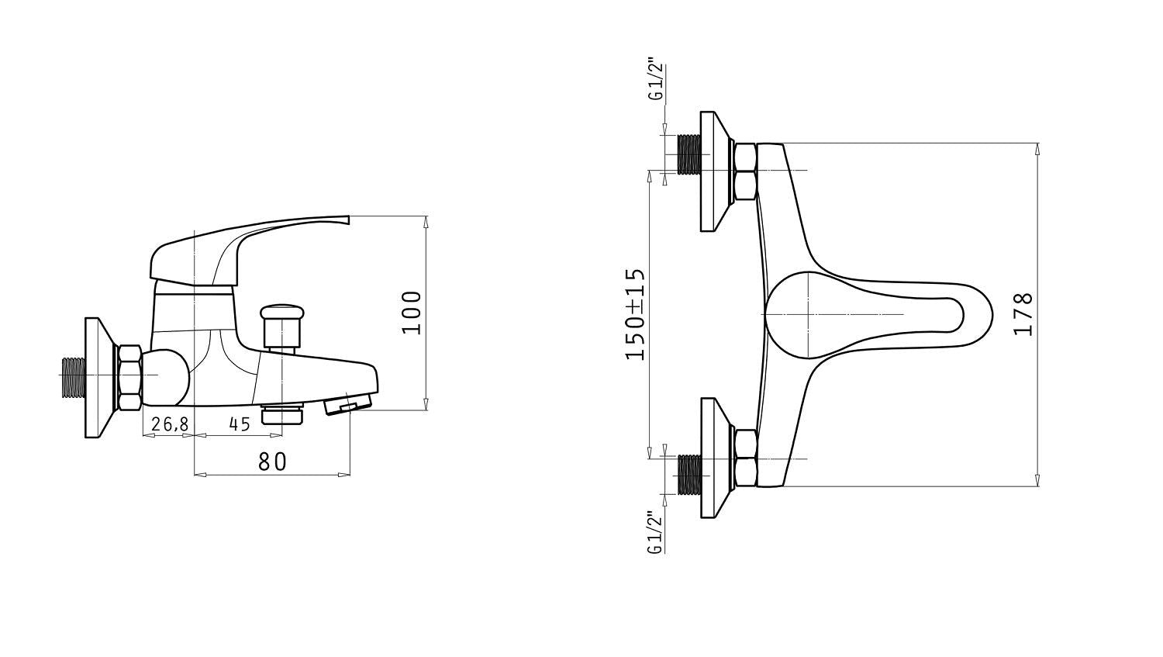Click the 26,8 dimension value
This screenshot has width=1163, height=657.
click(x=169, y=424)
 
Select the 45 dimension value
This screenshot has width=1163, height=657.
click(x=240, y=424)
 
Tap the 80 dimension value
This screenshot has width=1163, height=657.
click(x=272, y=462)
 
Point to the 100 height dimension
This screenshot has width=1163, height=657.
click(x=412, y=313)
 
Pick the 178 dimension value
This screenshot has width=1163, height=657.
click(x=1023, y=314)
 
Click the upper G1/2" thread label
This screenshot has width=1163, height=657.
click(x=657, y=81)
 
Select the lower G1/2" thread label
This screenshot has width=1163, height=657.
click(x=655, y=533)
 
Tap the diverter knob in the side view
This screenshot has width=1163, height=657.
click(x=281, y=328)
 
